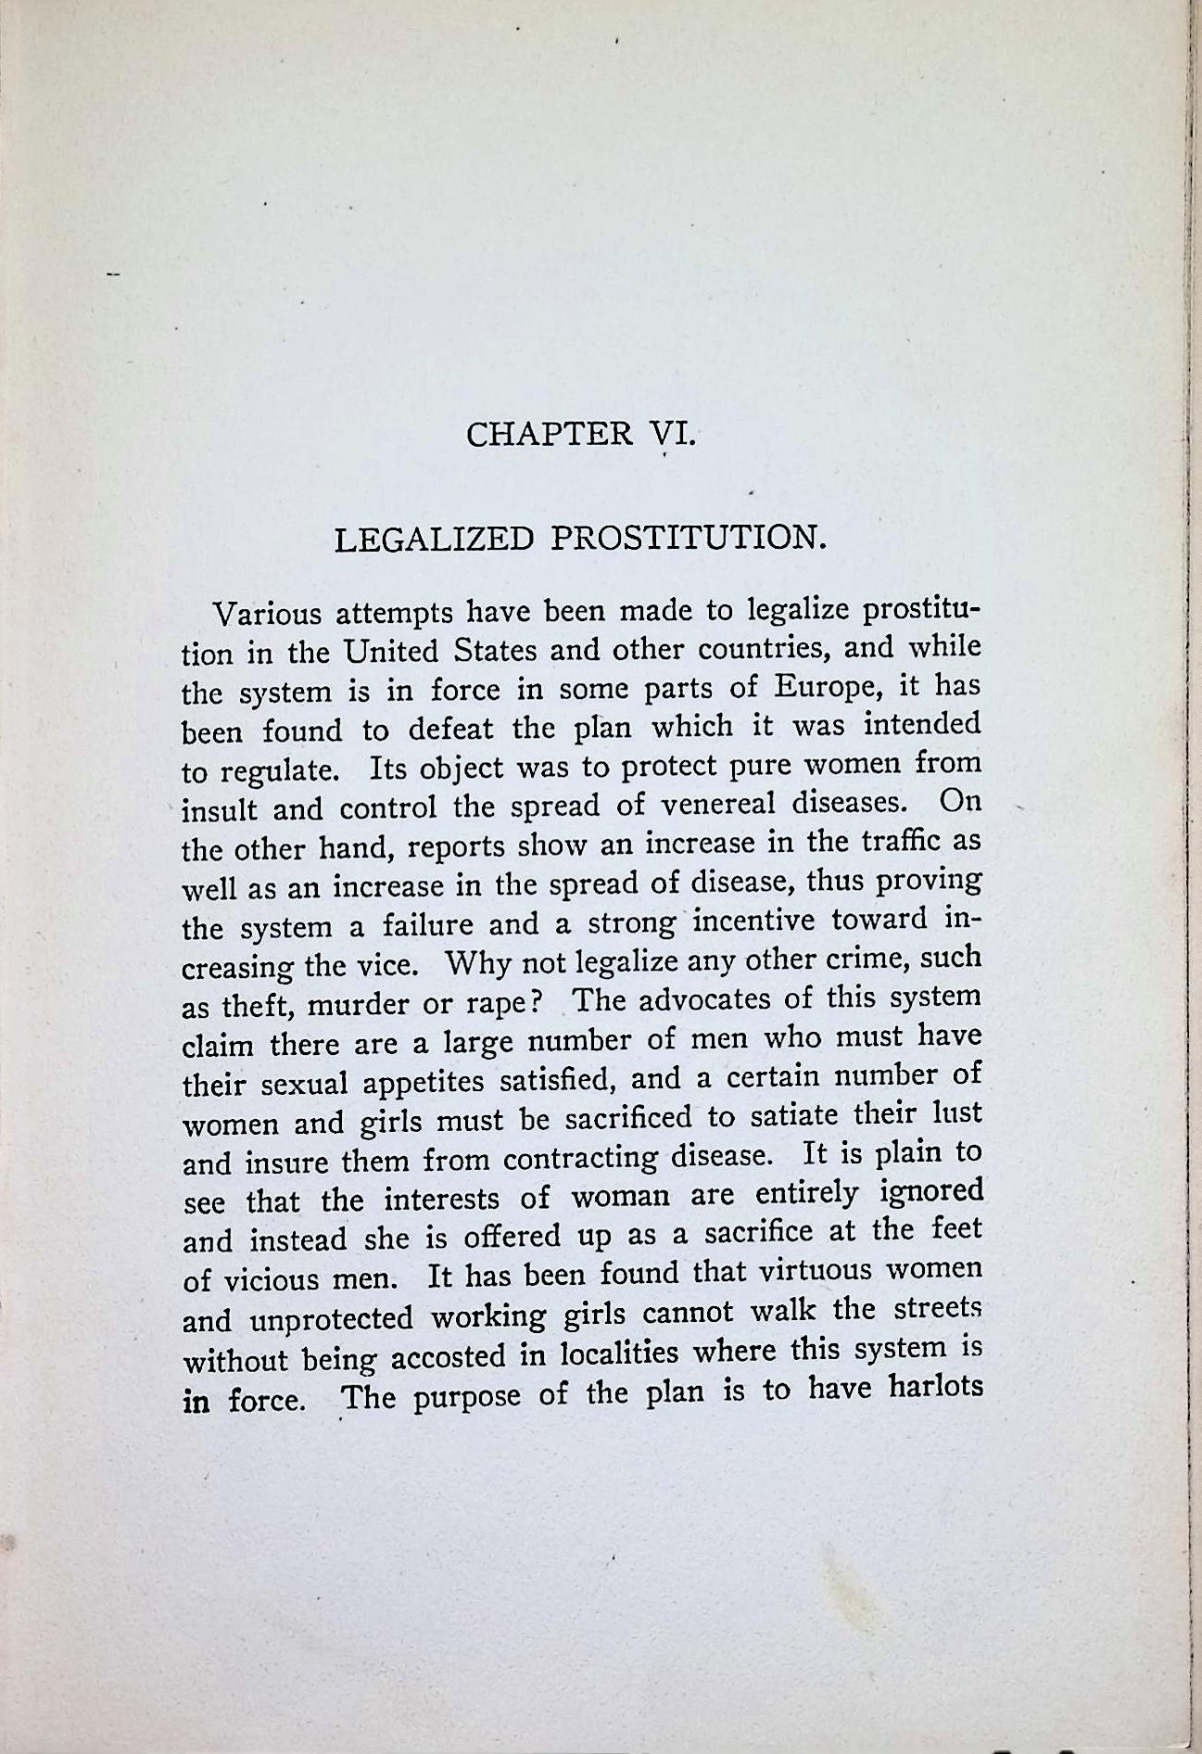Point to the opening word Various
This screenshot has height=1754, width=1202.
(266, 614)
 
